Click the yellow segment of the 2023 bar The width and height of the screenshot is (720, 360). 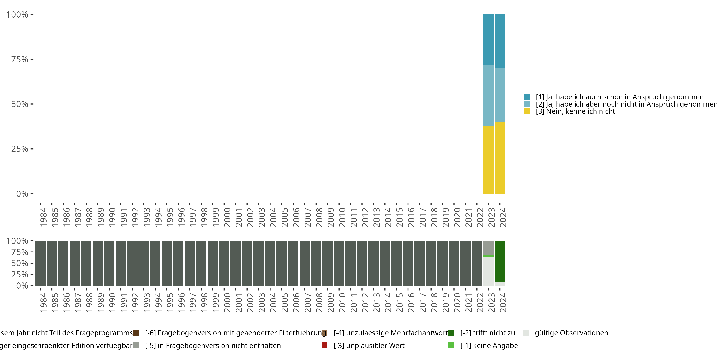point(488,159)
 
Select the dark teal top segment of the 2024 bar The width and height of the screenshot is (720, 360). point(500,41)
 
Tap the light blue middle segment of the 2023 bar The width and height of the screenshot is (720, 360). point(488,95)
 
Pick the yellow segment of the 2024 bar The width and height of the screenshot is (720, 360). point(500,158)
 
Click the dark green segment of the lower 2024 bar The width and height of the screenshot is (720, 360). point(500,261)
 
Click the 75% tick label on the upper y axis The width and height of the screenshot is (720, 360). point(20,59)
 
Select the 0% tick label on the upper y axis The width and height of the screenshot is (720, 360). point(22,194)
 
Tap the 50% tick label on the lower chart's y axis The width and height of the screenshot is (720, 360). point(20,263)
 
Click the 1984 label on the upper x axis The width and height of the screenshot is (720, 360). point(43,217)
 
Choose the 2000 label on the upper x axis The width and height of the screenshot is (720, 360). point(227,217)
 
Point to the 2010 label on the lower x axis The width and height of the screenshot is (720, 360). point(342,302)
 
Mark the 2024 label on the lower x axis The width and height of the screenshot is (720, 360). point(503,302)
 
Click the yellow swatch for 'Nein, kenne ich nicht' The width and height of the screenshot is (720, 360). point(527,111)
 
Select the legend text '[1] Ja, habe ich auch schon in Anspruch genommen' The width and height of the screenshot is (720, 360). point(619,97)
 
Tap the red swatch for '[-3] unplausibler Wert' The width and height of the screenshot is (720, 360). point(324,345)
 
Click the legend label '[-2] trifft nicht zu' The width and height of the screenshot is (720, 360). point(487,333)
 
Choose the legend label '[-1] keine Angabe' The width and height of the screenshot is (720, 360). point(489,345)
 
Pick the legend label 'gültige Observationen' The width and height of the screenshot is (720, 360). point(571,333)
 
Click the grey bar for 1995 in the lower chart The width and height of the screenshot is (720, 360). point(167,263)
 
